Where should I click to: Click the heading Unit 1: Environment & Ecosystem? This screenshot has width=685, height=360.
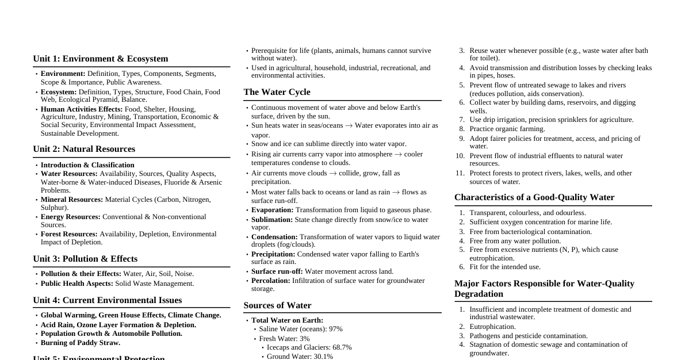click(x=100, y=59)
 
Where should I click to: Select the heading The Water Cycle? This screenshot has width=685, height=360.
click(x=277, y=92)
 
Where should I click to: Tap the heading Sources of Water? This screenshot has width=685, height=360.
click(x=277, y=305)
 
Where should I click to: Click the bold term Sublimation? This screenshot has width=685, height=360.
click(x=272, y=220)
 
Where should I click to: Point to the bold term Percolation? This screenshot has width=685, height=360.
click(x=271, y=281)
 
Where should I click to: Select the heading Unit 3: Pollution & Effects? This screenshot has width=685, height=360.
click(x=85, y=259)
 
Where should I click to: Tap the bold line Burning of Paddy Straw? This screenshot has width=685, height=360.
click(x=81, y=343)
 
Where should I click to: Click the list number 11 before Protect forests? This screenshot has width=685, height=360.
click(x=460, y=173)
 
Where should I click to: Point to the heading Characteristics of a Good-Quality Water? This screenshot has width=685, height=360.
click(x=534, y=197)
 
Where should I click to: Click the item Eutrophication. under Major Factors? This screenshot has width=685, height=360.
click(x=492, y=327)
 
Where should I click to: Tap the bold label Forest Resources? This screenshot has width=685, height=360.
click(x=69, y=234)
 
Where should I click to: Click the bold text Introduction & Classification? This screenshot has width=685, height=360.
click(x=87, y=165)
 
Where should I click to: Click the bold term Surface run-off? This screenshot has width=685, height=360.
click(x=277, y=271)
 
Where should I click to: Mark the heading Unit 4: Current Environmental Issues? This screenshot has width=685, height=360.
click(x=107, y=300)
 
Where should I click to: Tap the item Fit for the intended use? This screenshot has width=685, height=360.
click(x=505, y=267)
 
